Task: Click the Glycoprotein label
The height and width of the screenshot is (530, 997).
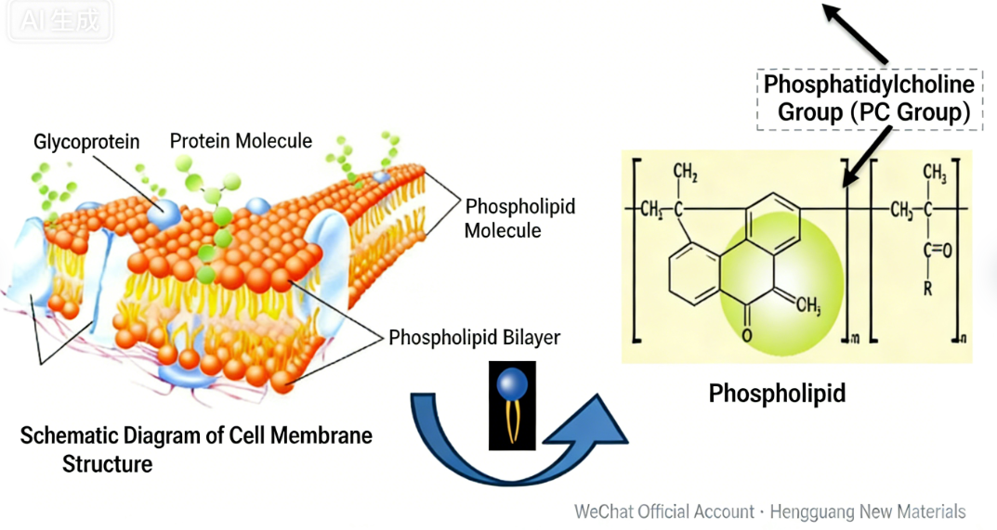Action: click(x=86, y=142)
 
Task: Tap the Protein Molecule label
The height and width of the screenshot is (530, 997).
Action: click(x=241, y=141)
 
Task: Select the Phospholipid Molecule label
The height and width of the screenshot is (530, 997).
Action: click(x=519, y=217)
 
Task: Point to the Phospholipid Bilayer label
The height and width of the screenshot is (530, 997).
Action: click(x=474, y=337)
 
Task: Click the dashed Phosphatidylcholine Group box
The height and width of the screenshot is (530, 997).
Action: click(x=869, y=98)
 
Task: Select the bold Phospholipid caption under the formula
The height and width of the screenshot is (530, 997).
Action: click(x=777, y=394)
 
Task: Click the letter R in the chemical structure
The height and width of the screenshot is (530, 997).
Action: click(x=927, y=287)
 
